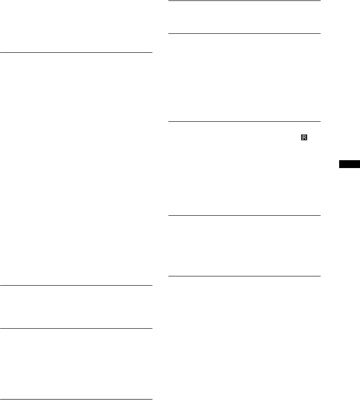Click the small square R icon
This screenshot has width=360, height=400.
point(304,138)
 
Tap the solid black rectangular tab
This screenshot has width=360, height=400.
point(348,164)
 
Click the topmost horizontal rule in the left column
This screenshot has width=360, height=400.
point(76,53)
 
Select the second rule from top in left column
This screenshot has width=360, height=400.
point(76,285)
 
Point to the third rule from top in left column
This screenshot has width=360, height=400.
point(76,329)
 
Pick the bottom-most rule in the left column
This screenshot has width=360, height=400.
point(76,399)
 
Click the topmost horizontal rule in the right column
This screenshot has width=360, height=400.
point(244,1)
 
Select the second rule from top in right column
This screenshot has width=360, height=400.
point(244,33)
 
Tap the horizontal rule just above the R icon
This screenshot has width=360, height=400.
point(244,121)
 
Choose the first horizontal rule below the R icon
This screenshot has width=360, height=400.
point(244,215)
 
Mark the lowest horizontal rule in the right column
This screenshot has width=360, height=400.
point(244,277)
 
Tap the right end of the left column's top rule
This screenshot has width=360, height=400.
point(152,53)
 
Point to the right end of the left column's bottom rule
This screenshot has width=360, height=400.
point(152,399)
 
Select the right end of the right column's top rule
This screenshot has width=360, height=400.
point(320,1)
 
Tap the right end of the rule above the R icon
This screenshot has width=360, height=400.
point(320,121)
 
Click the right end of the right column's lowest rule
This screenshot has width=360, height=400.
point(320,277)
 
